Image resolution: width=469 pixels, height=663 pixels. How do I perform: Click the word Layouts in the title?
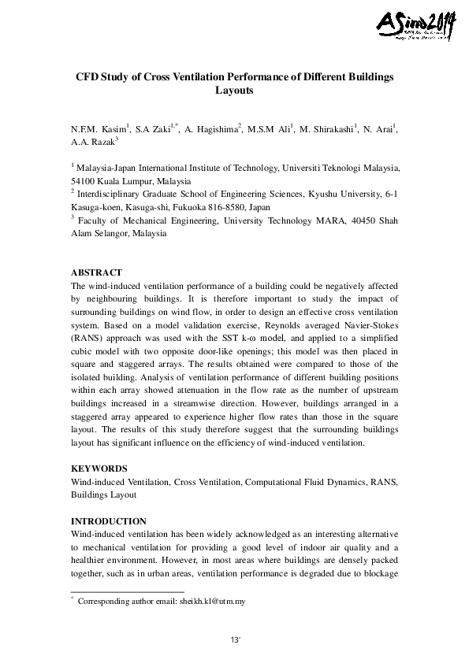pos(234,91)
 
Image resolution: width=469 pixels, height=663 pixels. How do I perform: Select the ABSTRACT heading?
pos(96,272)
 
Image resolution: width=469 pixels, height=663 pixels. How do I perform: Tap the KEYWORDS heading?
pos(99,468)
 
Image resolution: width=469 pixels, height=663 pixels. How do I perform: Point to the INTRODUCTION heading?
pos(109,521)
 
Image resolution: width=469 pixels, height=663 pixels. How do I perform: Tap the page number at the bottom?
pos(234,639)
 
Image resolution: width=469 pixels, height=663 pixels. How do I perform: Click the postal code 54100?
pos(84,180)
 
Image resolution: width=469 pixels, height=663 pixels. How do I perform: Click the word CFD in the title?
pos(86,78)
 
